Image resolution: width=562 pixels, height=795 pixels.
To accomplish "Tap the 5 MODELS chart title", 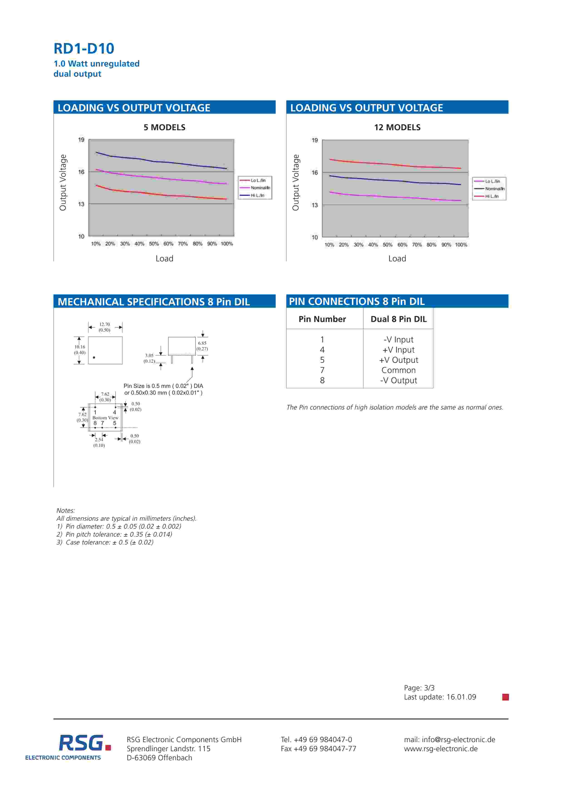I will point(164,128).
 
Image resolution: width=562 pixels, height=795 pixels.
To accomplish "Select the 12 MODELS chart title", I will point(397,128).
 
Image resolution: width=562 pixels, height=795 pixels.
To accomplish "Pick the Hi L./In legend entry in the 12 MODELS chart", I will point(491,196).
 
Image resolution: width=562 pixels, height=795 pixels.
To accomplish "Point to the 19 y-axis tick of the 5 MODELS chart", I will point(81,140).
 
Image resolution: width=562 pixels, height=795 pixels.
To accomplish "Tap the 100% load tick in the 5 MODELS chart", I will point(227,244).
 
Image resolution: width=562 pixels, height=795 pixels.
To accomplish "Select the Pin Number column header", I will point(322,319).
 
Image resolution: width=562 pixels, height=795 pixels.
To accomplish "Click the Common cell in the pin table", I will point(398,370).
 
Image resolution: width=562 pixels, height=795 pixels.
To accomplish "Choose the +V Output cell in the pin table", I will point(398,360).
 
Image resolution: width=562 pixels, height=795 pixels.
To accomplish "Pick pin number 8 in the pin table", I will point(322,380).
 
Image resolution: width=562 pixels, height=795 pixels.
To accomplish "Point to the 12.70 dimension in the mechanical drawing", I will point(105,324).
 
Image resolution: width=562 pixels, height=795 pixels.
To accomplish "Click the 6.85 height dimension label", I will point(202,343).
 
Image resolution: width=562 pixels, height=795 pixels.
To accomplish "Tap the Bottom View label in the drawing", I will point(105,418).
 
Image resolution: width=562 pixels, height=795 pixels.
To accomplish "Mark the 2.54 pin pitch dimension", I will point(99,440).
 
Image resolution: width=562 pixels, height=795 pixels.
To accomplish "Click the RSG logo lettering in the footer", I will point(81,743).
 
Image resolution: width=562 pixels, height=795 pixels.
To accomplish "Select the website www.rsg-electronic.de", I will point(440,748).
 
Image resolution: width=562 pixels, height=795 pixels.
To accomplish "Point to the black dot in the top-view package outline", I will point(94,357).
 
